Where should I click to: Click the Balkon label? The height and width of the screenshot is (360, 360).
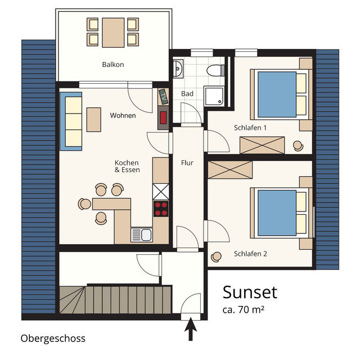point(112,65)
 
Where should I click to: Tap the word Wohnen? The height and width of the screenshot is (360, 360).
point(123,115)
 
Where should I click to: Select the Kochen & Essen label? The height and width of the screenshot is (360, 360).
point(127,166)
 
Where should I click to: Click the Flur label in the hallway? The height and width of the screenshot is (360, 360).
point(187,163)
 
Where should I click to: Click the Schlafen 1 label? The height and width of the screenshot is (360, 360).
point(250,128)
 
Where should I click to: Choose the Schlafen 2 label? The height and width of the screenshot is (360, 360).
point(250,254)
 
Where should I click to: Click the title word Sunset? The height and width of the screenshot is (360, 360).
point(250,292)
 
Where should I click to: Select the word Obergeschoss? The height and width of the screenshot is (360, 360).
point(53,338)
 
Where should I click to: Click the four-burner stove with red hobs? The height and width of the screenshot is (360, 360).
point(161,209)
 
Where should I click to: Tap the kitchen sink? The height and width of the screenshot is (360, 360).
point(141,235)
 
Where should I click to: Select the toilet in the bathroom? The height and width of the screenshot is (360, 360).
point(214,70)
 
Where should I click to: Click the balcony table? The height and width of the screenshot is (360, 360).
point(112,32)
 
